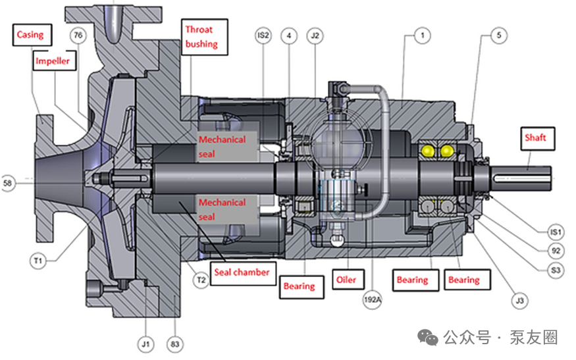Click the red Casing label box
(x=32, y=35)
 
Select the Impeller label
(x=55, y=61)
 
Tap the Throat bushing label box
(x=205, y=37)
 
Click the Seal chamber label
(x=243, y=272)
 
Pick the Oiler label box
(x=348, y=280)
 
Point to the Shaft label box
(x=538, y=138)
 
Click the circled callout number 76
(x=78, y=36)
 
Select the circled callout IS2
(x=263, y=36)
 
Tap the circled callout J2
(x=315, y=36)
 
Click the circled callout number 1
(x=423, y=36)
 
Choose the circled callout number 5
(x=499, y=36)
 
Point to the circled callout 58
(x=8, y=182)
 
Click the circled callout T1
(x=38, y=261)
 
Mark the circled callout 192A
(x=373, y=299)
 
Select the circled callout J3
(x=520, y=301)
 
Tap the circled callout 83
(x=175, y=344)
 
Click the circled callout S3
(x=556, y=270)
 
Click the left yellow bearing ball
(x=428, y=151)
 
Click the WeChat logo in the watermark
(x=428, y=338)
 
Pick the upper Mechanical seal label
(x=223, y=147)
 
